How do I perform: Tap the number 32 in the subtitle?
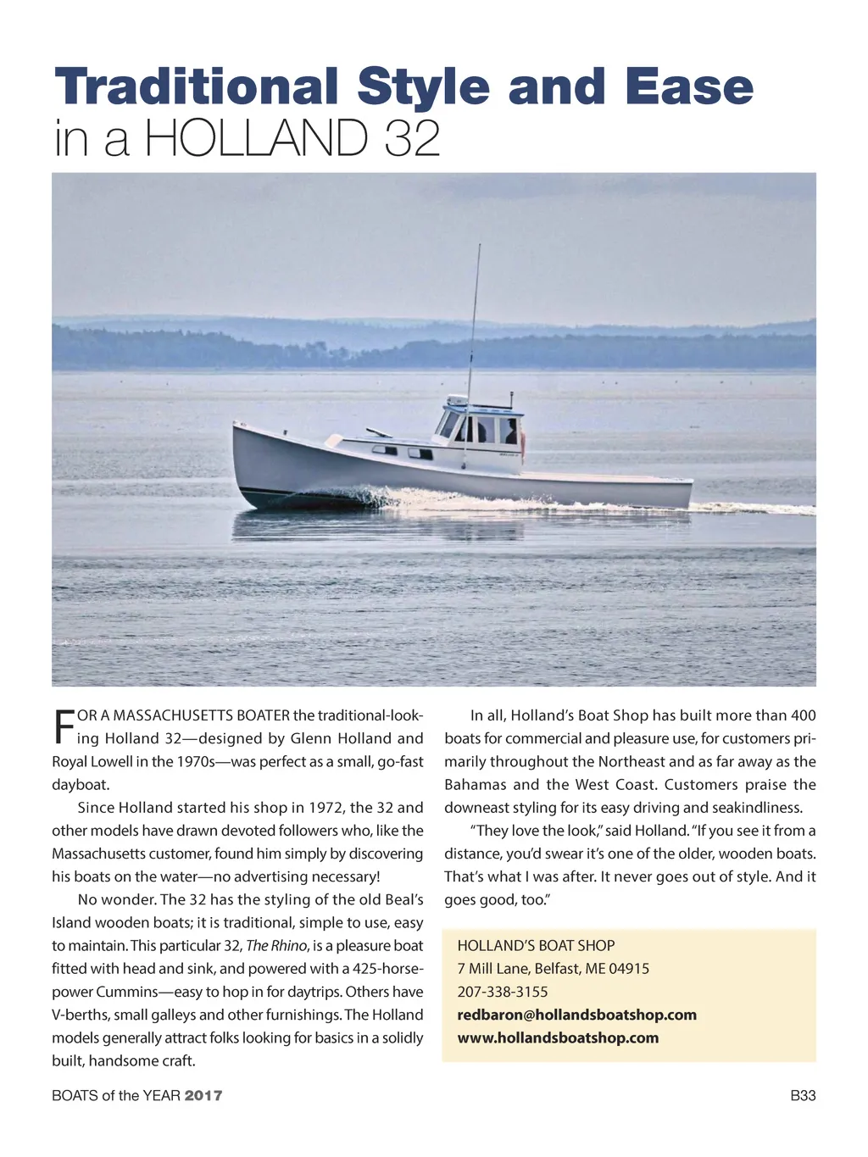pos(412,138)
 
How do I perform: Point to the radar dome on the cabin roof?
pos(457,399)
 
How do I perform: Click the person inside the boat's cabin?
pos(510,432)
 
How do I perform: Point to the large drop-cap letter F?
pos(64,726)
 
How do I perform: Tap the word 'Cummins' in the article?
pos(126,992)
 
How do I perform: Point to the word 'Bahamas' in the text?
pos(475,785)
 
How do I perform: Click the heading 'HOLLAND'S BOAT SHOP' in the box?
pos(536,946)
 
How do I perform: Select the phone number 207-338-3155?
pos(503,992)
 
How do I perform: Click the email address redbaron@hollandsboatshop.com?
pos(576,1015)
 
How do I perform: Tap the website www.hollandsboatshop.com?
pos(558,1037)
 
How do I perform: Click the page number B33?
pos(802,1096)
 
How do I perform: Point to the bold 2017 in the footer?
pos(203,1096)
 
